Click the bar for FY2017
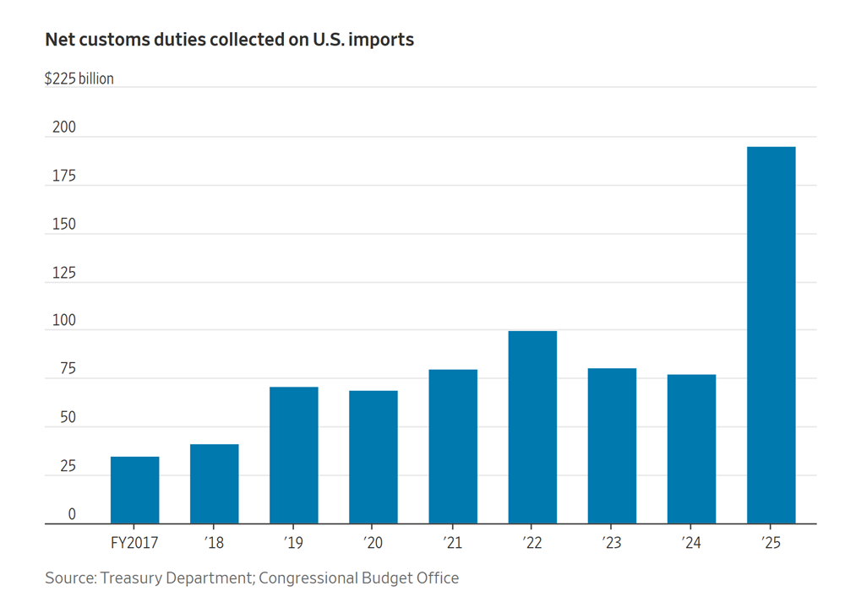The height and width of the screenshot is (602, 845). click(134, 490)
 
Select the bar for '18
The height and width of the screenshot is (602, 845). click(214, 484)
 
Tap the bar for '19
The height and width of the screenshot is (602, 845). click(293, 455)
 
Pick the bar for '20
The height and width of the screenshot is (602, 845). click(373, 457)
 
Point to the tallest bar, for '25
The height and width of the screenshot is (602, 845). click(771, 335)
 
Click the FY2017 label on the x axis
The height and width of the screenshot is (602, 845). click(134, 542)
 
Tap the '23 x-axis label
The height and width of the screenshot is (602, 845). click(612, 542)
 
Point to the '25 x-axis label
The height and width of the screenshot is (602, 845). click(771, 542)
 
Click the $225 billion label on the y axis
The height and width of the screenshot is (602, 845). click(79, 79)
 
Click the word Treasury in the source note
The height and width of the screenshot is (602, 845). click(133, 578)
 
